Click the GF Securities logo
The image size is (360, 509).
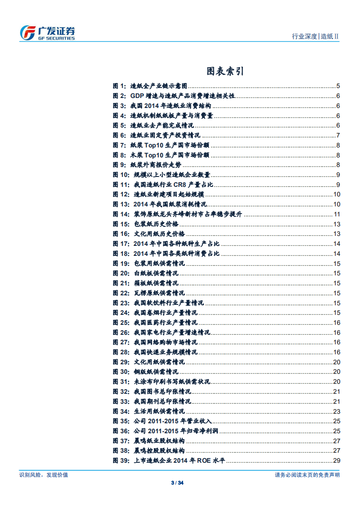tap(48, 33)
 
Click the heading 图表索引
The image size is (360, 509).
tap(226, 71)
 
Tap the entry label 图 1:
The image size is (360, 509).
tap(119, 86)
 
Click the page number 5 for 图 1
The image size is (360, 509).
tap(338, 86)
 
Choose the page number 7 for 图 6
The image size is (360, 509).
tap(338, 135)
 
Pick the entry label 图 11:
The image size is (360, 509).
tap(121, 185)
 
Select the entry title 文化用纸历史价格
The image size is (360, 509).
tap(159, 234)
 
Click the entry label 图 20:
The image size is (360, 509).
tap(121, 274)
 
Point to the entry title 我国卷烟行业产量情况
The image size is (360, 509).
tap(166, 313)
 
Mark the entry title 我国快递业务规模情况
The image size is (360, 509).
tap(166, 352)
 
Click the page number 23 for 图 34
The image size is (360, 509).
tap(337, 411)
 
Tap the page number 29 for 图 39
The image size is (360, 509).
tap(337, 461)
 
